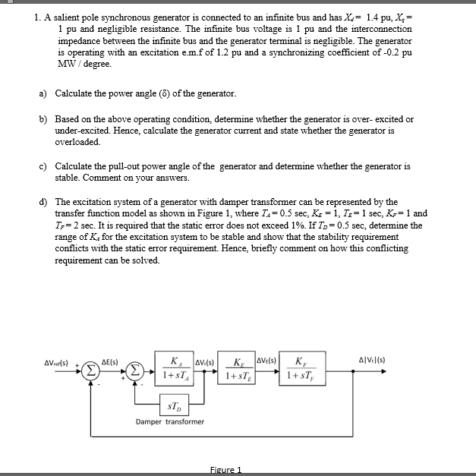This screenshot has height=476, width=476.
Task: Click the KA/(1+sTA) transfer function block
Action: (176, 367)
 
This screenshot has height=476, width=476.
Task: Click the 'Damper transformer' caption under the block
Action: (170, 422)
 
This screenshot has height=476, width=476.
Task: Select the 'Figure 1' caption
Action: (225, 470)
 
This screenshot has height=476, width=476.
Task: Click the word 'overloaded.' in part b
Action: (78, 142)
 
